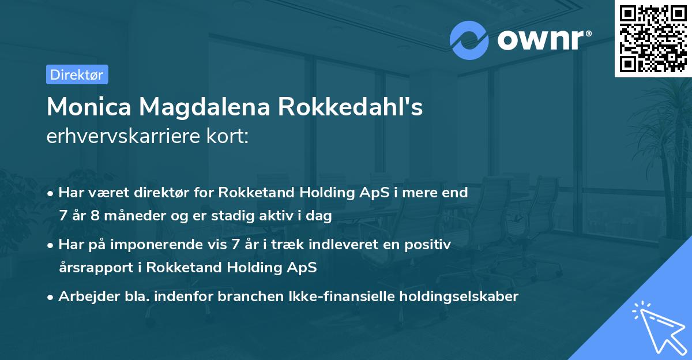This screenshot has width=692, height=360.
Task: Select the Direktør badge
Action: pyautogui.click(x=77, y=74)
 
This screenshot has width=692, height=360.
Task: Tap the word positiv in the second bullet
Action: pyautogui.click(x=429, y=245)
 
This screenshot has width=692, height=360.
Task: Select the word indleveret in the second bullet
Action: pyautogui.click(x=324, y=245)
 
